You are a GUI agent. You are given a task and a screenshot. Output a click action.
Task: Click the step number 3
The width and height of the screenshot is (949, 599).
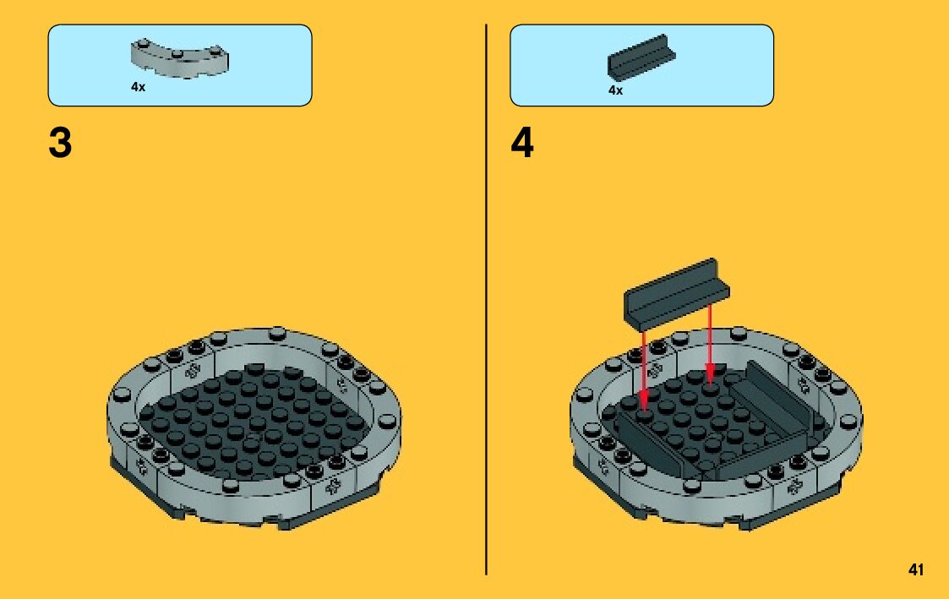click(x=60, y=144)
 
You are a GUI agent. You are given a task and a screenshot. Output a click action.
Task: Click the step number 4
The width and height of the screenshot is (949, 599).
click(x=522, y=144)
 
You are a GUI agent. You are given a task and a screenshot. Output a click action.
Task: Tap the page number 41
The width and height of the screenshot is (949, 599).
click(x=916, y=569)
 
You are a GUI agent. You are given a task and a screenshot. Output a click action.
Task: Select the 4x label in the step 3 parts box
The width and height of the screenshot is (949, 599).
click(x=138, y=87)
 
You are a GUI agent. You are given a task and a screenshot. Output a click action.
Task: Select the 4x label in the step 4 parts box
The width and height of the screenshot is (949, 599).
click(x=615, y=90)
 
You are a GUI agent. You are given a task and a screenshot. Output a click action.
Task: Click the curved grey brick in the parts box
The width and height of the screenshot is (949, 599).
click(x=180, y=58)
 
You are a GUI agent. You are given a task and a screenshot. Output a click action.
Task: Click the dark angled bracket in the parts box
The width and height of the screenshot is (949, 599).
click(x=641, y=57)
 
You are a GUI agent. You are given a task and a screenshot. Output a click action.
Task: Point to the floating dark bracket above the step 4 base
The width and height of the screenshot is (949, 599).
click(x=677, y=294)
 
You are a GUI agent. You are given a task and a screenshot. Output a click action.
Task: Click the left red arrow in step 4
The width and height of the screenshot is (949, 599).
click(x=644, y=370)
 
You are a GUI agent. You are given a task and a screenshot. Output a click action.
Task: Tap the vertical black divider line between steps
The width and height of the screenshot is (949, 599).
click(x=486, y=299)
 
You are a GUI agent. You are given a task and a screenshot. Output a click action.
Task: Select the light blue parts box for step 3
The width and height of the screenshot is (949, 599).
click(x=180, y=65)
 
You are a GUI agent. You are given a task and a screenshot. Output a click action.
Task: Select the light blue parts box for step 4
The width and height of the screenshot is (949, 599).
click(x=641, y=65)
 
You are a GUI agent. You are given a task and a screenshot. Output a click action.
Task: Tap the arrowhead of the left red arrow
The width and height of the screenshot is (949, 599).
click(x=644, y=402)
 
